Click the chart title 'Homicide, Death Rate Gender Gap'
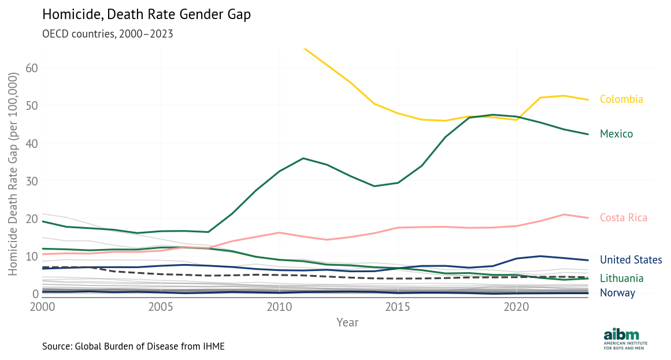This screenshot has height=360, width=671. [x=147, y=15]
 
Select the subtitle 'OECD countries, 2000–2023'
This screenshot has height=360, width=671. [x=107, y=34]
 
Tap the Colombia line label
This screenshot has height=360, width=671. [x=621, y=99]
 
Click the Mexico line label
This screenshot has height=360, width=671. [x=616, y=134]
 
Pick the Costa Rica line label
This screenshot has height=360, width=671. [x=624, y=218]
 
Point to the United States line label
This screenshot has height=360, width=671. [x=631, y=260]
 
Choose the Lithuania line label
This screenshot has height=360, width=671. [x=621, y=279]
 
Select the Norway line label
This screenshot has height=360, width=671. [x=617, y=292]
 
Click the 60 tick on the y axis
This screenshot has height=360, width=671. [x=31, y=68]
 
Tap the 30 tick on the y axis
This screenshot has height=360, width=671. [x=31, y=181]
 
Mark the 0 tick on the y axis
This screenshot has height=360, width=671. [x=34, y=294]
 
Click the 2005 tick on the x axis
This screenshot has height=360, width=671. [x=161, y=306]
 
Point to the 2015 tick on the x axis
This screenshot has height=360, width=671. [x=397, y=306]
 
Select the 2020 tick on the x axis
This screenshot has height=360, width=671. [x=515, y=306]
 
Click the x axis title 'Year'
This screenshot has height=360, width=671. [x=347, y=322]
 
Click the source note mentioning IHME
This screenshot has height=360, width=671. [x=133, y=347]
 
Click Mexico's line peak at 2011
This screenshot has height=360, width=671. [x=303, y=158]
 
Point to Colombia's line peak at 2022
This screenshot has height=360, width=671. [x=564, y=96]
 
